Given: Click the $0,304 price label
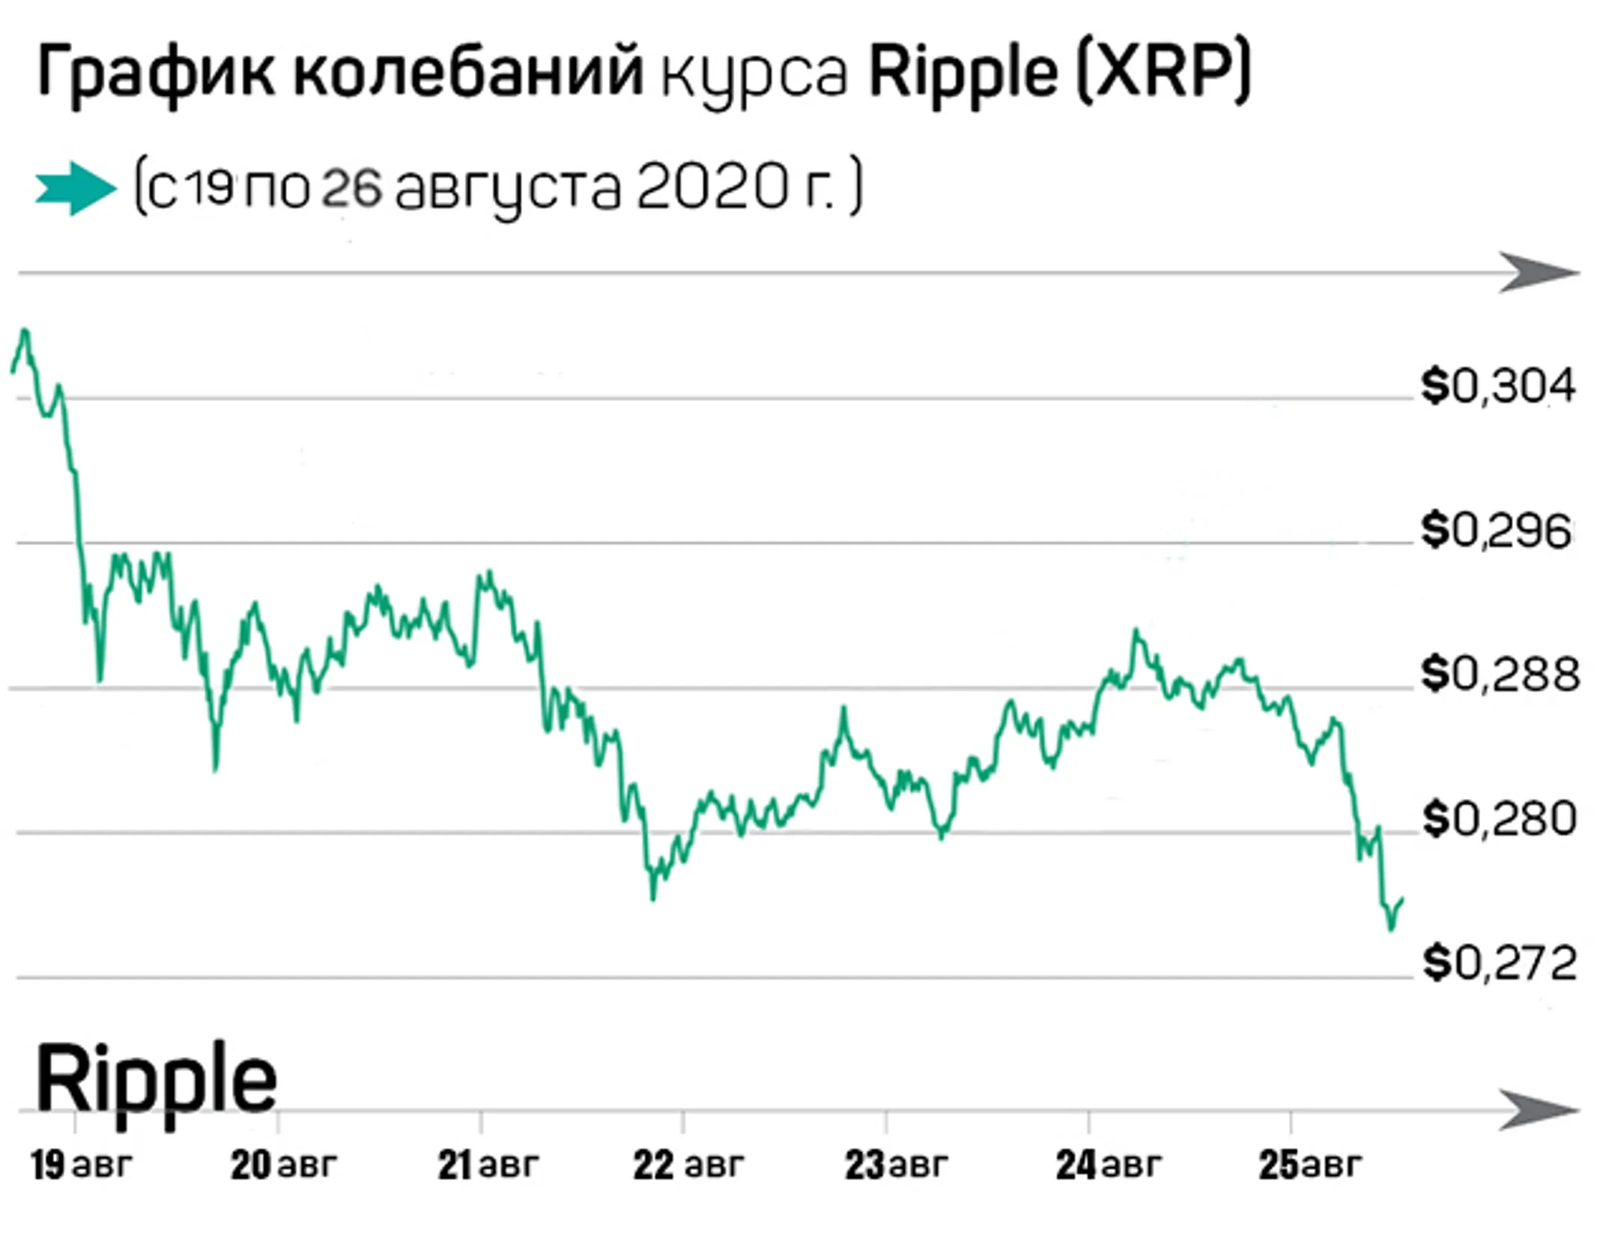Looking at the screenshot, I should pyautogui.click(x=1498, y=387).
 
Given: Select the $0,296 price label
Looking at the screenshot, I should pyautogui.click(x=1497, y=531).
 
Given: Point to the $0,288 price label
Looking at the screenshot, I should pyautogui.click(x=1500, y=674).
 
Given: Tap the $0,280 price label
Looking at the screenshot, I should pyautogui.click(x=1500, y=819).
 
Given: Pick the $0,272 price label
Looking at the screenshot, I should pyautogui.click(x=1500, y=963).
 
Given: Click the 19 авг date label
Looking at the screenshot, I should pyautogui.click(x=81, y=1165).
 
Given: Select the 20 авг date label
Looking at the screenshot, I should pyautogui.click(x=283, y=1165).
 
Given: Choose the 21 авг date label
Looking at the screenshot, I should pyautogui.click(x=488, y=1165).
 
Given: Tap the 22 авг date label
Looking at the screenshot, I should pyautogui.click(x=688, y=1165).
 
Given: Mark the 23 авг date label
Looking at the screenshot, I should pyautogui.click(x=896, y=1165).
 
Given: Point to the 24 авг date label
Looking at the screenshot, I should pyautogui.click(x=1108, y=1165).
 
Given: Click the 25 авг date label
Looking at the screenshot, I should pyautogui.click(x=1309, y=1165).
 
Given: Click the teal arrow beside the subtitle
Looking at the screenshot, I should pyautogui.click(x=75, y=188).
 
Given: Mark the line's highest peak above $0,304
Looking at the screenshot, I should pyautogui.click(x=25, y=331).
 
